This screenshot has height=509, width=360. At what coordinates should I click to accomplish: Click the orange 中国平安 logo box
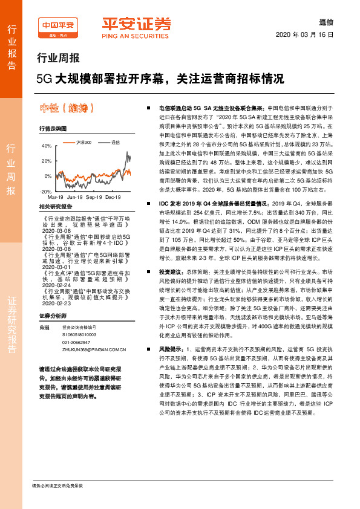58,26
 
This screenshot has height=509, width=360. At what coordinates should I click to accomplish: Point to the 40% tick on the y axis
46,146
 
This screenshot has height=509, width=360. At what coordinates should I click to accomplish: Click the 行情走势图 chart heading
53,129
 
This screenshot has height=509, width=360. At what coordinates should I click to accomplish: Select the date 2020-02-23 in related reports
58,305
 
